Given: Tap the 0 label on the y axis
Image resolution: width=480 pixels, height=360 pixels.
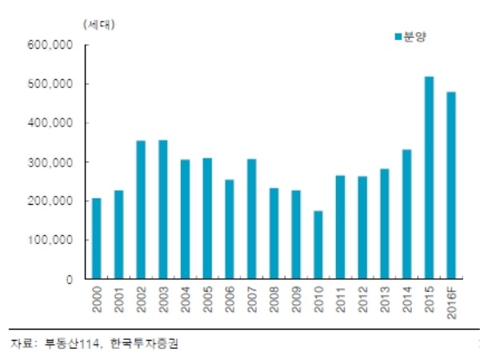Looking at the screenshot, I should click(x=70, y=279).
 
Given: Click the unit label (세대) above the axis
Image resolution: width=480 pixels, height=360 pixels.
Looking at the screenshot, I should click(x=98, y=23).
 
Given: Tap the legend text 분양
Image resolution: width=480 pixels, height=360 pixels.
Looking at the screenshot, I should click(x=413, y=37).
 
